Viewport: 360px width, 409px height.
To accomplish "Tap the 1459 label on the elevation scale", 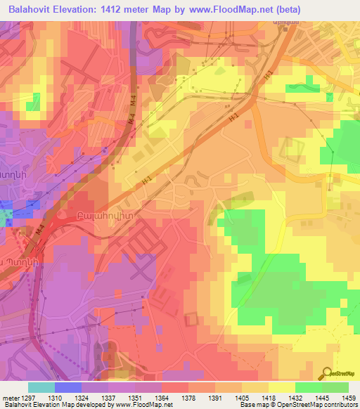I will (349, 398).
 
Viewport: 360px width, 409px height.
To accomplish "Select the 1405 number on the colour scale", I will (250, 398).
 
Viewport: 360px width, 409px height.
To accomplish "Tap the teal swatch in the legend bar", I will (41, 387).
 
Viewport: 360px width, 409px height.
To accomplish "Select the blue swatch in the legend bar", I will (68, 387).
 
